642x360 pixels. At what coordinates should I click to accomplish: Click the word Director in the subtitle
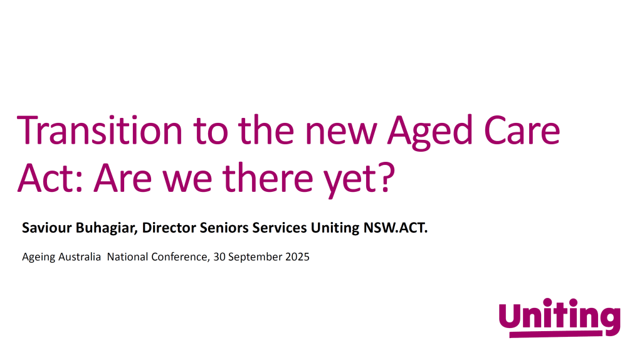click(168, 228)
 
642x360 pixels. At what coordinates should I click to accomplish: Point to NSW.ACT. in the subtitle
click(396, 228)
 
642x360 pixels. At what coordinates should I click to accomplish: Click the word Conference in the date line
click(177, 257)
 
